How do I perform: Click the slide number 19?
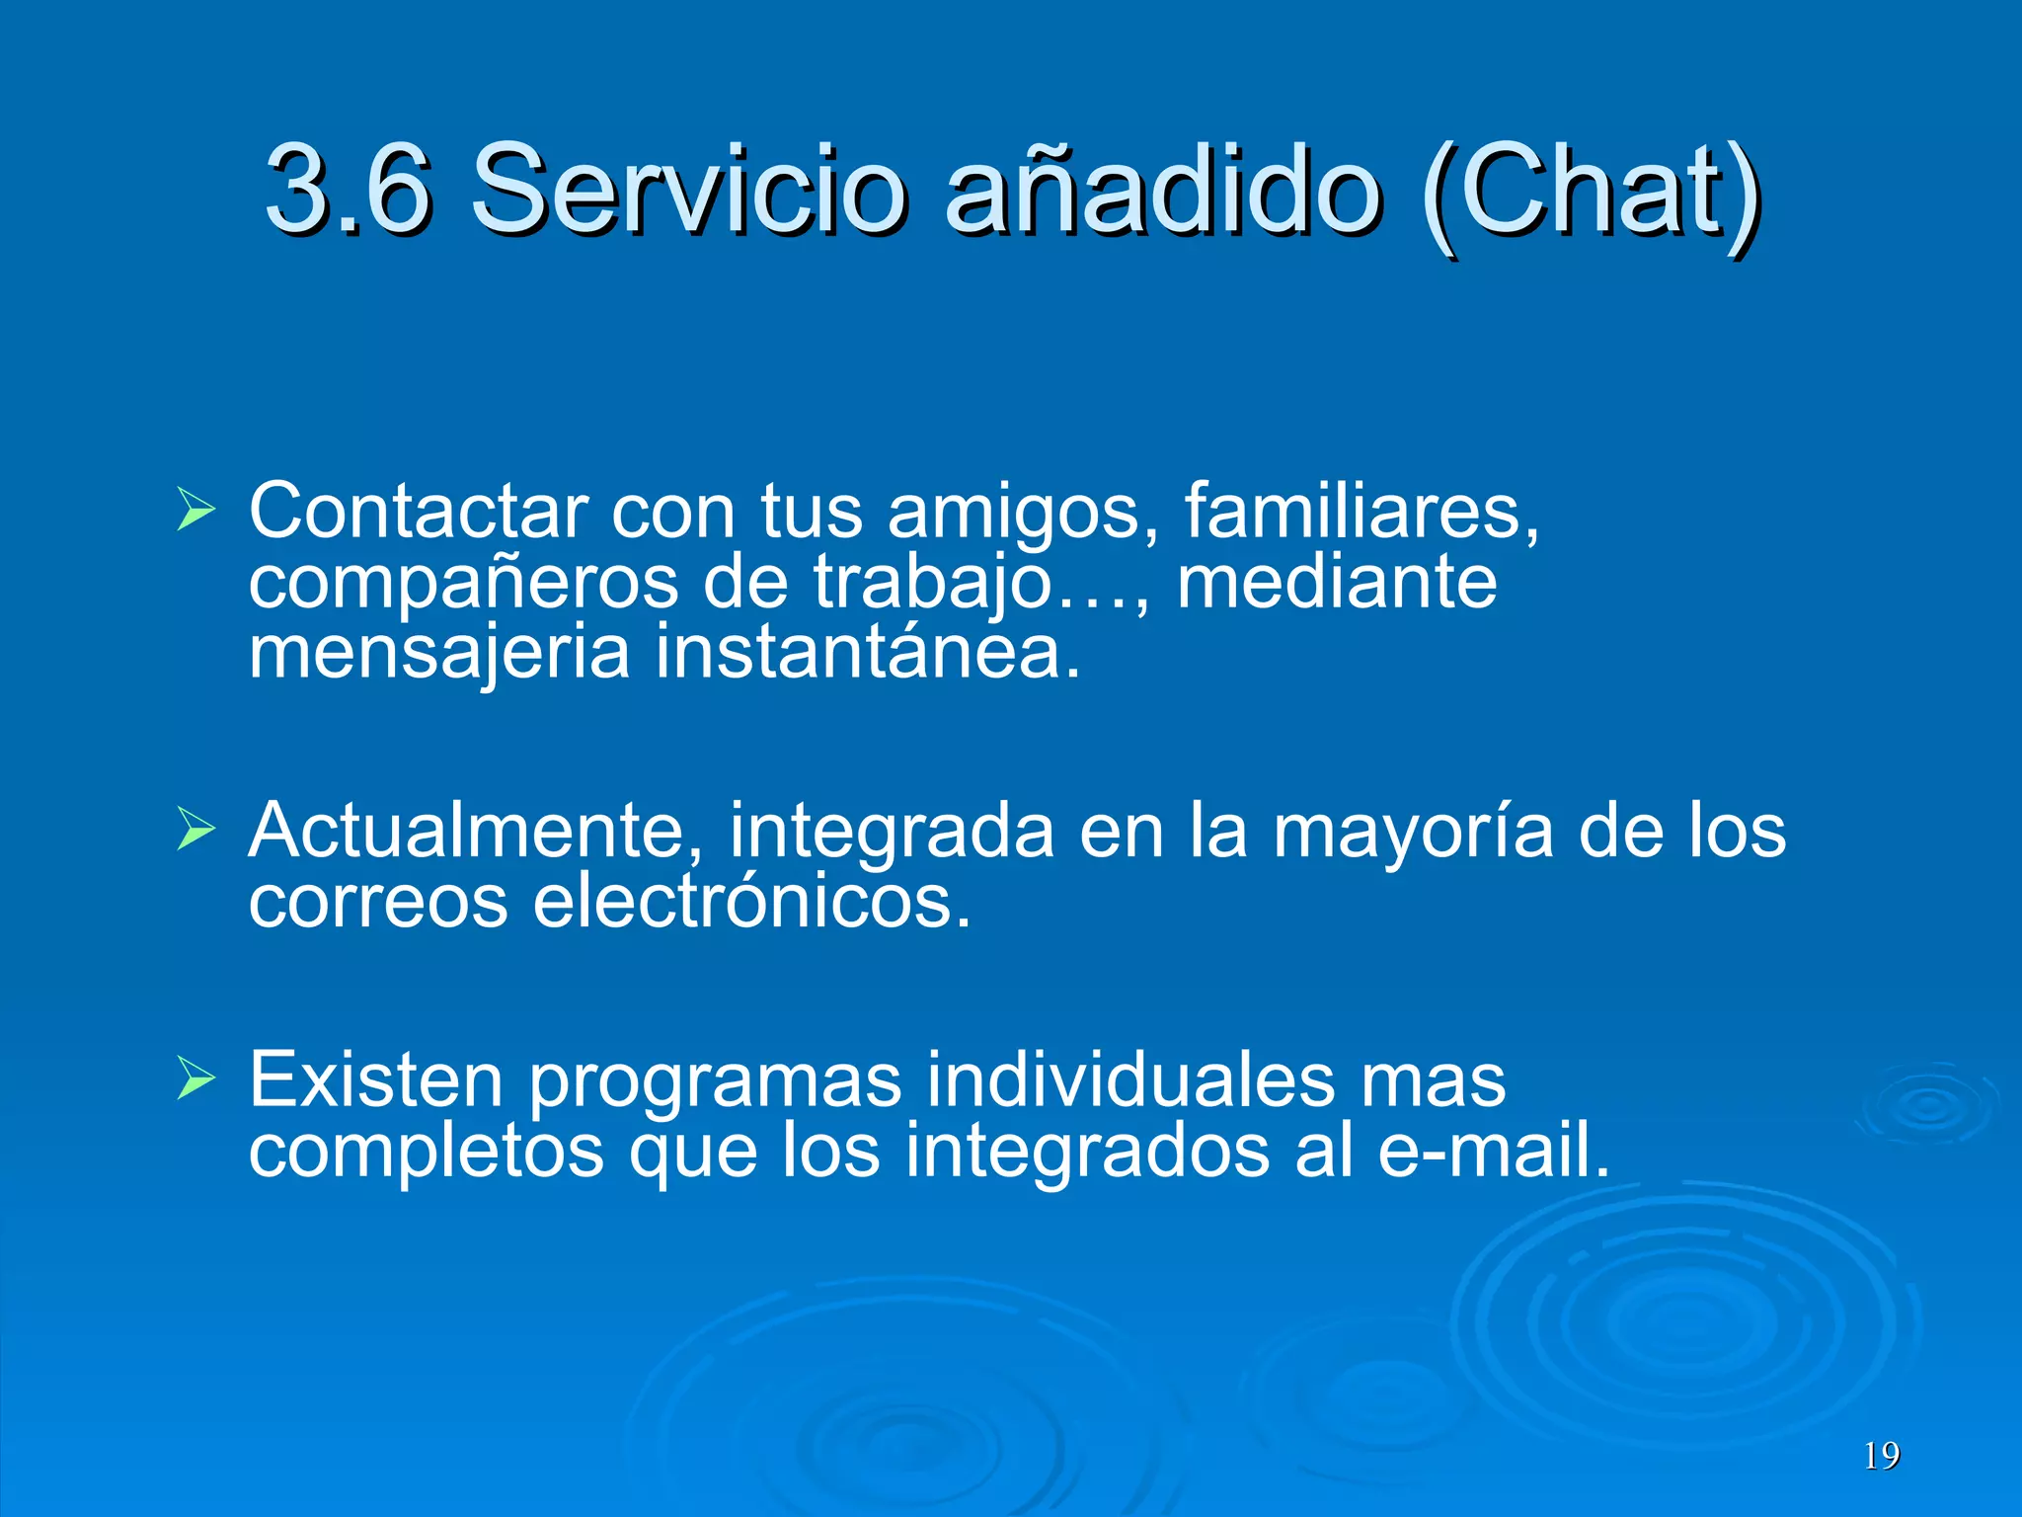point(1882,1455)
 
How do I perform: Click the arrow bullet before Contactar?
point(195,510)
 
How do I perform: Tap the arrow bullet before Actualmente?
point(195,830)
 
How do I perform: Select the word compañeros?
point(463,583)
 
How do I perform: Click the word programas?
point(715,1082)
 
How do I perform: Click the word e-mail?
point(1493,1151)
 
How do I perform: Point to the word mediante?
point(1337,582)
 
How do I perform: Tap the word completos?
point(426,1153)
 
